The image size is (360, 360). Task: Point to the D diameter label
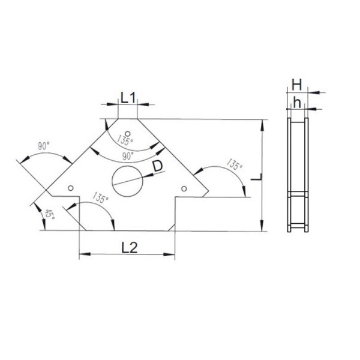[157, 166]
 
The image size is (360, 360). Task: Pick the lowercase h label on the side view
[296, 102]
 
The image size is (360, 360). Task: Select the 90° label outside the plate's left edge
[43, 146]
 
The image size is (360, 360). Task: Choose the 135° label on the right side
[235, 163]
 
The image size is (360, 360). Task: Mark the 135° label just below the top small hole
[125, 142]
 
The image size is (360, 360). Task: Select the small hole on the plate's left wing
[71, 188]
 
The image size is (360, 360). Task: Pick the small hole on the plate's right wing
[184, 188]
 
